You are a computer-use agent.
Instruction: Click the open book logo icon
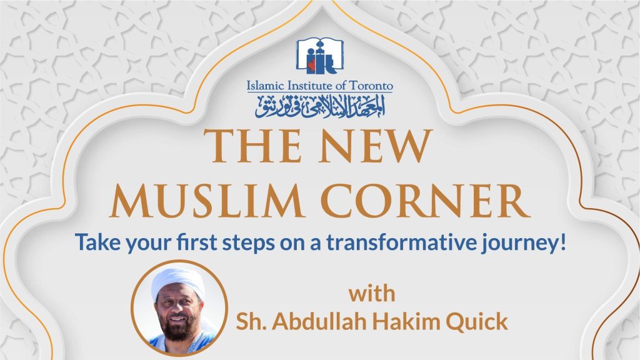(x=319, y=56)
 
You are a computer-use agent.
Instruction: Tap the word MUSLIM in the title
(x=207, y=201)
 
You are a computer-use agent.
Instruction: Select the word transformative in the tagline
(x=401, y=242)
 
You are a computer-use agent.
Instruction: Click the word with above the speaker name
(x=372, y=294)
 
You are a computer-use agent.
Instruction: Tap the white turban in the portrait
(x=178, y=281)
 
